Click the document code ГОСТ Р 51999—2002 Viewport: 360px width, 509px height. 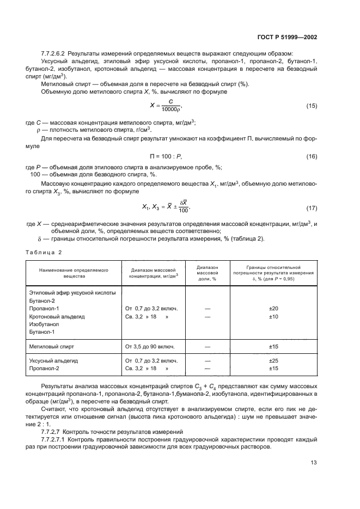pyautogui.click(x=287, y=37)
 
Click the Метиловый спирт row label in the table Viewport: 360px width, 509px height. pyautogui.click(x=51, y=346)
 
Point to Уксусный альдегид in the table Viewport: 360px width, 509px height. pyautogui.click(x=54, y=360)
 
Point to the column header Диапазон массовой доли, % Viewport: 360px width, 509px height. pyautogui.click(x=206, y=273)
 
